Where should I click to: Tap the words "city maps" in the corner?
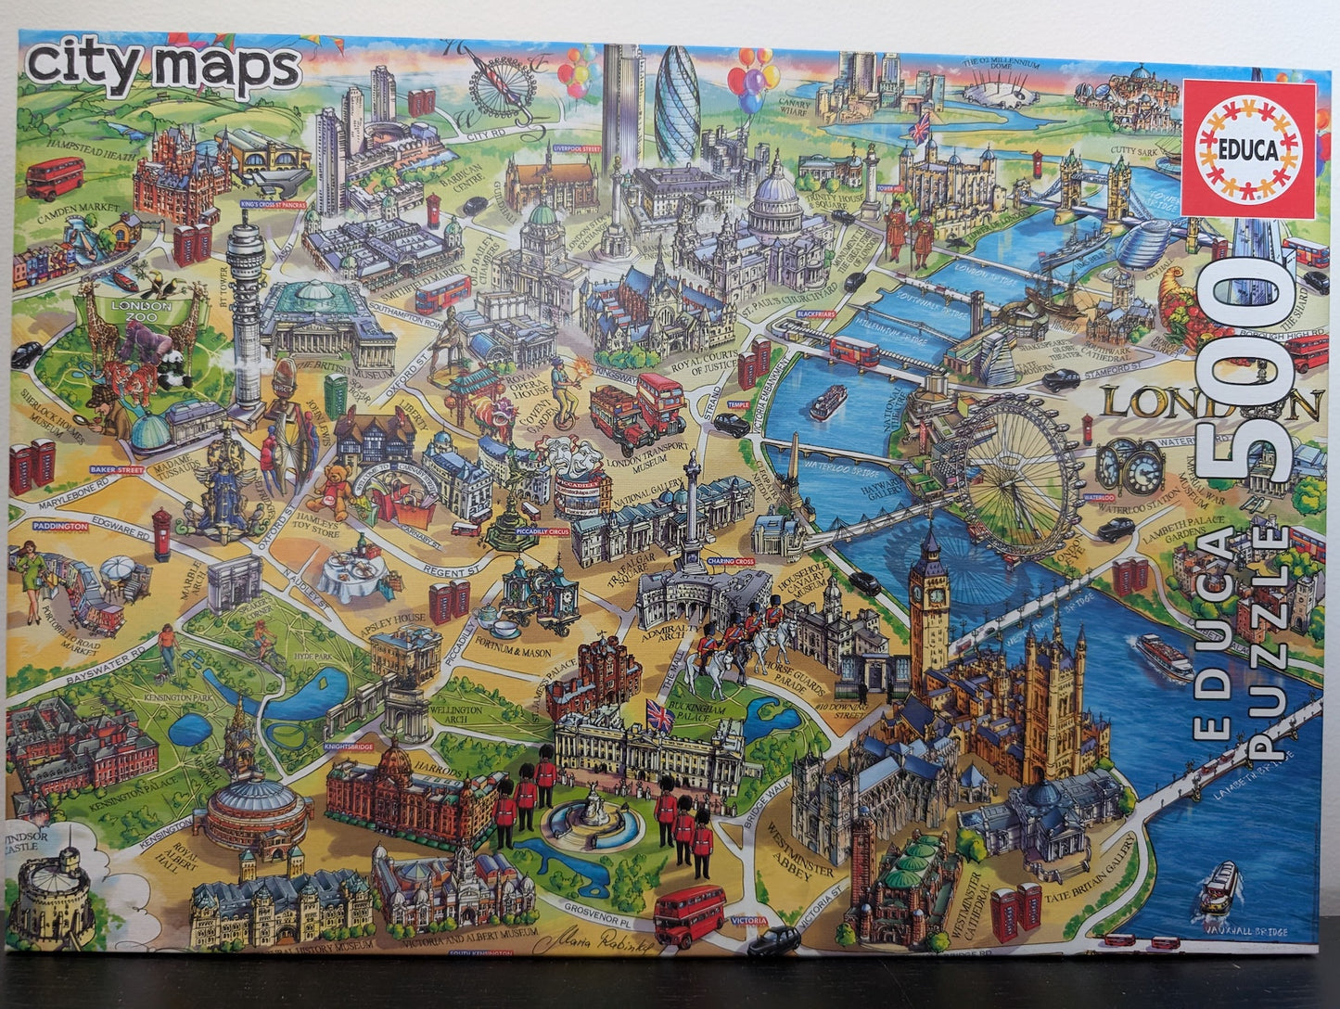(163, 68)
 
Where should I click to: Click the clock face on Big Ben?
(928, 590)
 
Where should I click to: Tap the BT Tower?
(246, 306)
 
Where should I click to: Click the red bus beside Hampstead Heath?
(55, 177)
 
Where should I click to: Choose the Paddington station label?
(60, 525)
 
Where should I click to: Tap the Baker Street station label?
(118, 470)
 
